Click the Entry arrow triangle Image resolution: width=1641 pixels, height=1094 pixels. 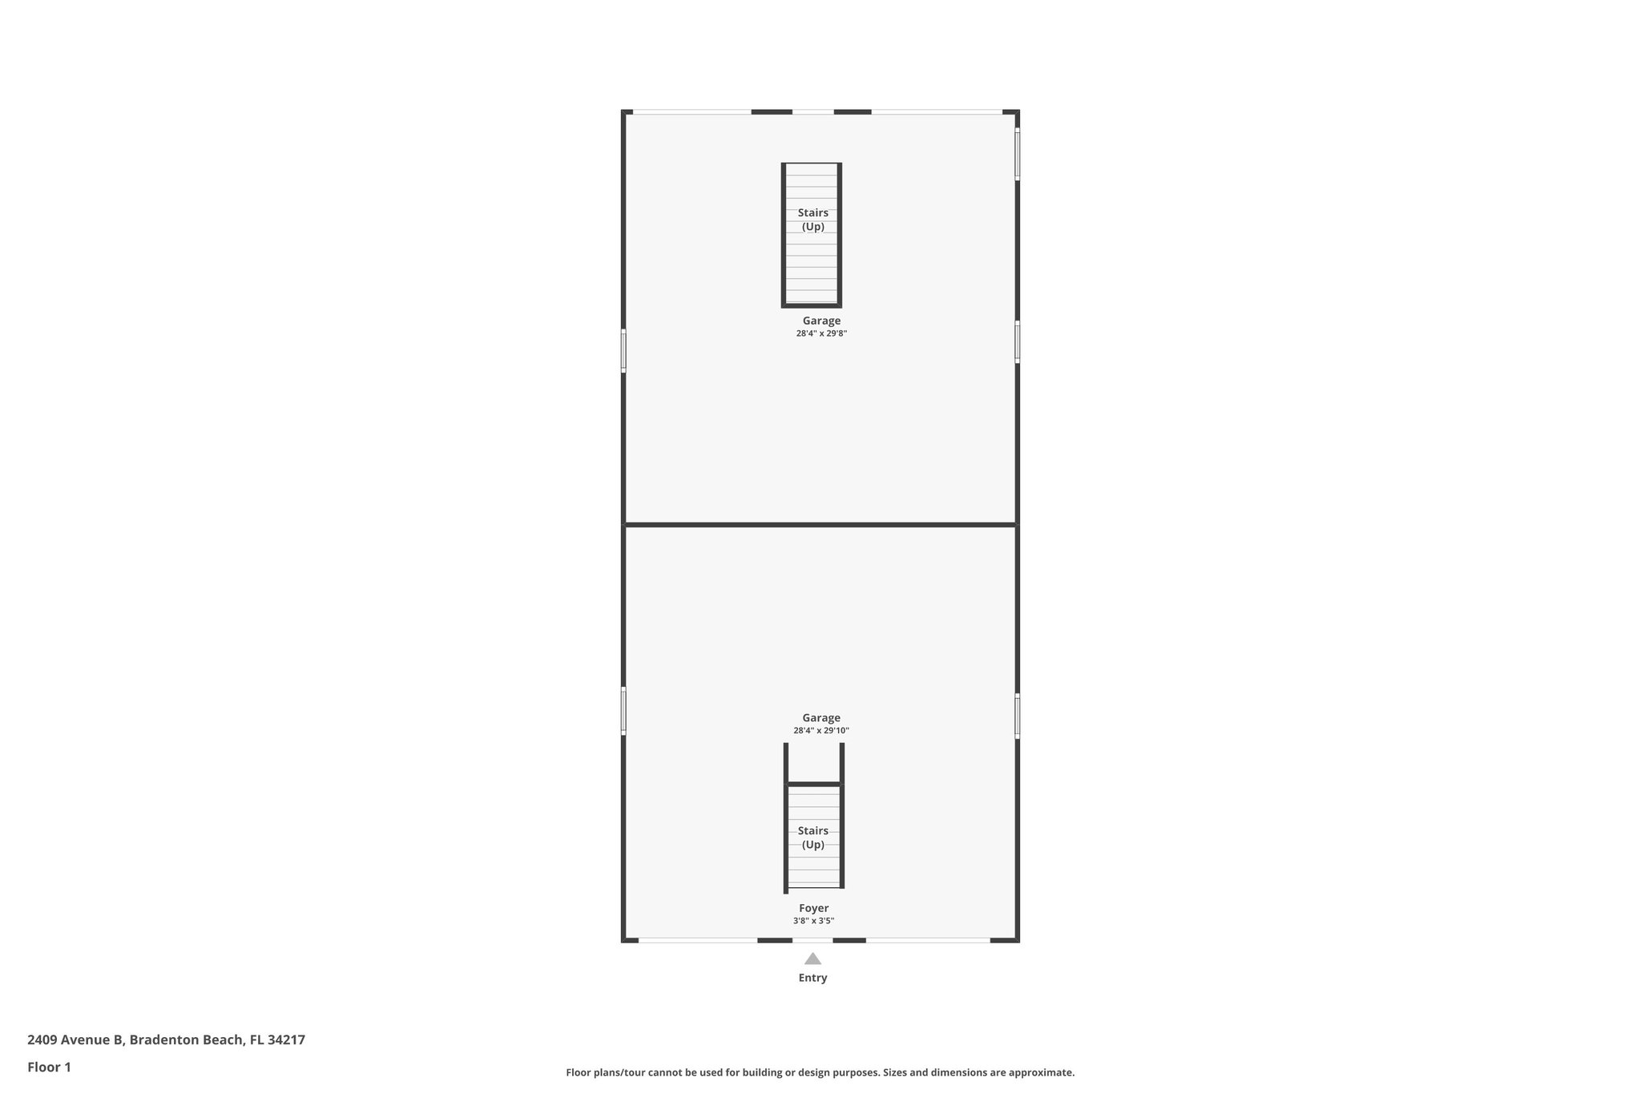click(812, 959)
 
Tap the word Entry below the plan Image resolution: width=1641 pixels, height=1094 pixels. click(812, 978)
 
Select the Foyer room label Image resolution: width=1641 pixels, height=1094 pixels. click(813, 908)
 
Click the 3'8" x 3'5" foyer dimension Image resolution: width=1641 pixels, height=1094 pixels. click(813, 921)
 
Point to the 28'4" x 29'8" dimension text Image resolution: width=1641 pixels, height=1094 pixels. click(821, 333)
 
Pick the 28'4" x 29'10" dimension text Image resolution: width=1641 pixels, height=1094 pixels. click(821, 731)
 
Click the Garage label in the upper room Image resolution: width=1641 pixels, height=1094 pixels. click(821, 321)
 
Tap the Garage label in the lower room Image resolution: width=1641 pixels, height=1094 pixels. click(821, 718)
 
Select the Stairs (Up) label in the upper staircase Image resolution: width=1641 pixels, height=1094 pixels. click(812, 220)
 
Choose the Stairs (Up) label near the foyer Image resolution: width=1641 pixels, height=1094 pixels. click(812, 838)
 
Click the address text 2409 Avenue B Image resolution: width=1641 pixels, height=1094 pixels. click(75, 1040)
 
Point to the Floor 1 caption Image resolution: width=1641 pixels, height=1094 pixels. click(49, 1067)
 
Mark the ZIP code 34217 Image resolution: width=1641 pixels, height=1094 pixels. click(286, 1040)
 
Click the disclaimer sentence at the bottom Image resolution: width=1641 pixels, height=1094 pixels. click(820, 1072)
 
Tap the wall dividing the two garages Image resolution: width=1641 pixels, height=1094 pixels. click(820, 525)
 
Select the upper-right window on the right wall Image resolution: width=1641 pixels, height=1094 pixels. click(1018, 154)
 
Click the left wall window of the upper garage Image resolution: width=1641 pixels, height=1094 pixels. click(623, 351)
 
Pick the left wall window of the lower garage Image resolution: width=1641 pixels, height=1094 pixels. click(623, 710)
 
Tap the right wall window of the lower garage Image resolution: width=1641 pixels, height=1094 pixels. click(1018, 716)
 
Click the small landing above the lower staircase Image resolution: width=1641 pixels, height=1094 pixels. click(813, 763)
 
